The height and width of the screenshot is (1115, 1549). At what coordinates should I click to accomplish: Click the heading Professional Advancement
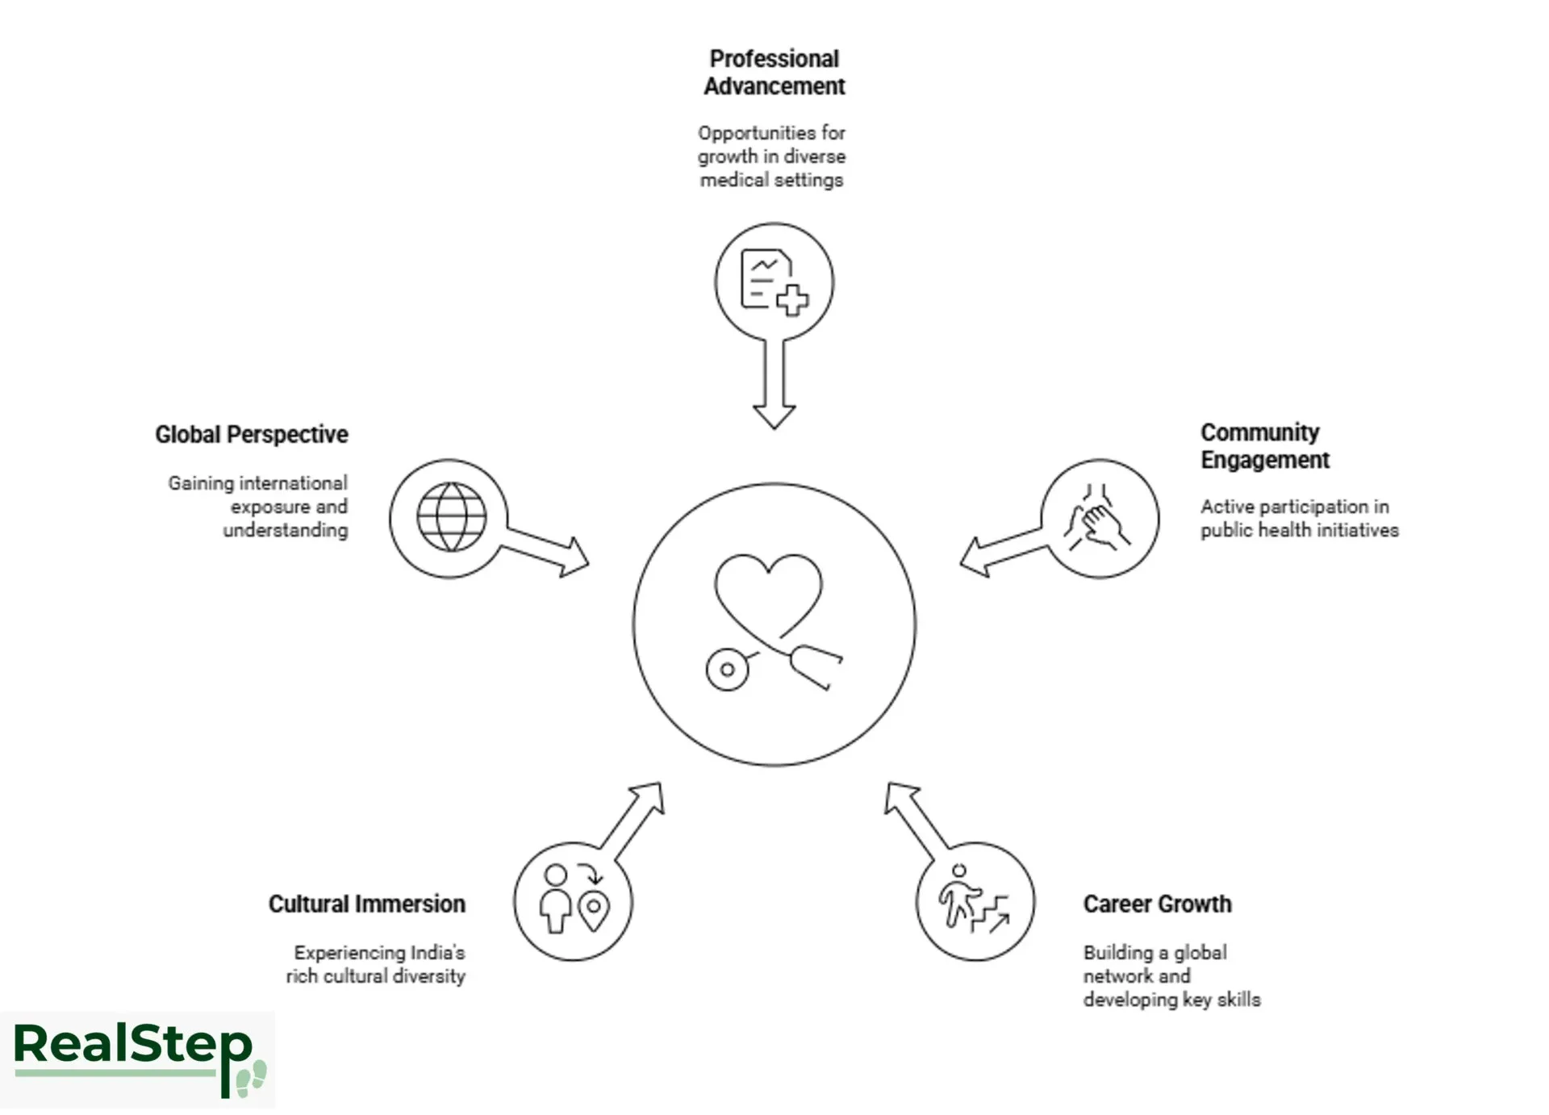[x=774, y=73]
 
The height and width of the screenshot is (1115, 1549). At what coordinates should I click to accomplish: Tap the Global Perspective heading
[x=252, y=435]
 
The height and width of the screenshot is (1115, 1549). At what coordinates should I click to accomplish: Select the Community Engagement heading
[x=1263, y=446]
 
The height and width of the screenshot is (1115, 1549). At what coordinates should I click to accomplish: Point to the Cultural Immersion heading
[x=367, y=904]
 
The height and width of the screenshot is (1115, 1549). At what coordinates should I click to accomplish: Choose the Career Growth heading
[x=1157, y=904]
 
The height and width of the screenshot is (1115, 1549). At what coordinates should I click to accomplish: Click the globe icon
[x=451, y=518]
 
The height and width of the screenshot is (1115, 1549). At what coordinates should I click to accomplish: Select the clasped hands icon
[x=1098, y=518]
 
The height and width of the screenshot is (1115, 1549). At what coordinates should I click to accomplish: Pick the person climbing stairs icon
[x=974, y=900]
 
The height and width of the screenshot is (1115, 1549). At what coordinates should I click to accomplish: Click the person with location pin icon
[x=574, y=900]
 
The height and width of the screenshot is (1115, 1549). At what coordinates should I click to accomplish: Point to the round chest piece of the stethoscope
[x=727, y=670]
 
